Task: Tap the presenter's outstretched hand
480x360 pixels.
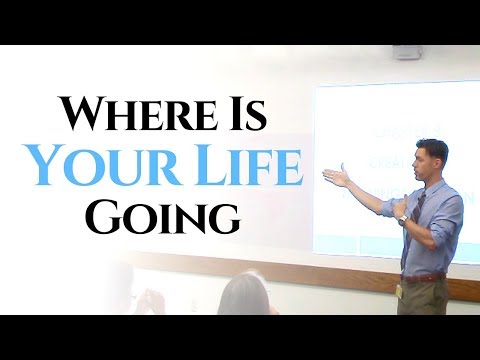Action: (x=334, y=177)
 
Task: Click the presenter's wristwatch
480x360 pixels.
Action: (x=402, y=216)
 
